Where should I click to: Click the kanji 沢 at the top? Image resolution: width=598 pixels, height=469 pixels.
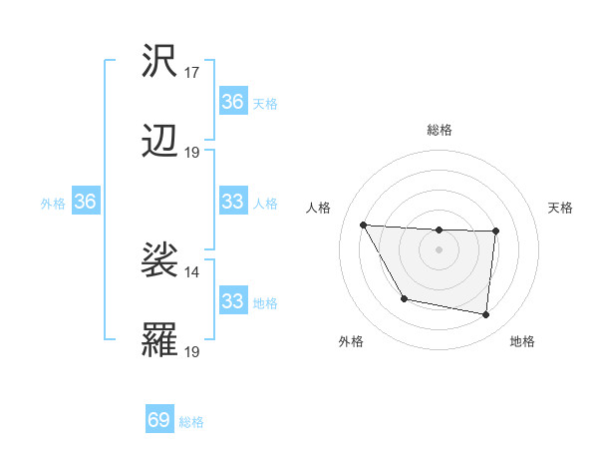click(x=159, y=61)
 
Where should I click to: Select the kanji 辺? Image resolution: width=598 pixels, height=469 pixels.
click(x=159, y=142)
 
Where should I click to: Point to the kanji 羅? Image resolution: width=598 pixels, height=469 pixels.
click(x=159, y=340)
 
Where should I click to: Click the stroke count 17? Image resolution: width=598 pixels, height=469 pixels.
click(x=192, y=73)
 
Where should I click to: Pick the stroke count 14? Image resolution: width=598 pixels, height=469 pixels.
click(x=192, y=271)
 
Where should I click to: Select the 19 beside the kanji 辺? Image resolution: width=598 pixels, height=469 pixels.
click(x=192, y=153)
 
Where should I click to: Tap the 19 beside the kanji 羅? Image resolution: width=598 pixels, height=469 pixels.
click(x=192, y=351)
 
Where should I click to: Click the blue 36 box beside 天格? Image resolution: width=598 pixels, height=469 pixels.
click(x=232, y=102)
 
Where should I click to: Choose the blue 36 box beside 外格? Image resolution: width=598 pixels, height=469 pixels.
click(x=85, y=202)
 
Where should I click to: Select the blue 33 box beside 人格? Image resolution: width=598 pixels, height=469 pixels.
click(x=232, y=202)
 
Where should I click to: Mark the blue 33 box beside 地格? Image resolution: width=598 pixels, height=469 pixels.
click(x=232, y=301)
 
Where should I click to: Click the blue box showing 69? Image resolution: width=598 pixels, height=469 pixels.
click(x=159, y=420)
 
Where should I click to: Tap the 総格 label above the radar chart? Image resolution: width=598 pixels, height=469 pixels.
click(x=439, y=130)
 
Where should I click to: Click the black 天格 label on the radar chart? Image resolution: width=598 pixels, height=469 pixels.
click(x=561, y=208)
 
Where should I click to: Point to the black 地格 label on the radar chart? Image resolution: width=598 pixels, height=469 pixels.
click(x=522, y=341)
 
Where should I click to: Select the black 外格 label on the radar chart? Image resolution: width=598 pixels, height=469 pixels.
click(x=351, y=341)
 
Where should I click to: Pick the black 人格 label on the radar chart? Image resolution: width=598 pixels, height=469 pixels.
click(x=319, y=208)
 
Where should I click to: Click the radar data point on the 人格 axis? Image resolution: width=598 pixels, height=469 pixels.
click(x=363, y=225)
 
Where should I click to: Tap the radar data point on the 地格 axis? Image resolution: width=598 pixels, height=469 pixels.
click(x=485, y=315)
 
